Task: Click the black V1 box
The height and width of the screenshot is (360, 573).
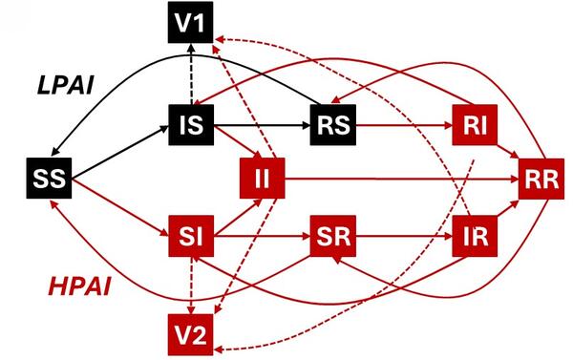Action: pyautogui.click(x=195, y=23)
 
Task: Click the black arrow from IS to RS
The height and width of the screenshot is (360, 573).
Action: pyautogui.click(x=263, y=124)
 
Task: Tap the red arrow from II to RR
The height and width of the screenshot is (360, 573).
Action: pyautogui.click(x=401, y=179)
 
